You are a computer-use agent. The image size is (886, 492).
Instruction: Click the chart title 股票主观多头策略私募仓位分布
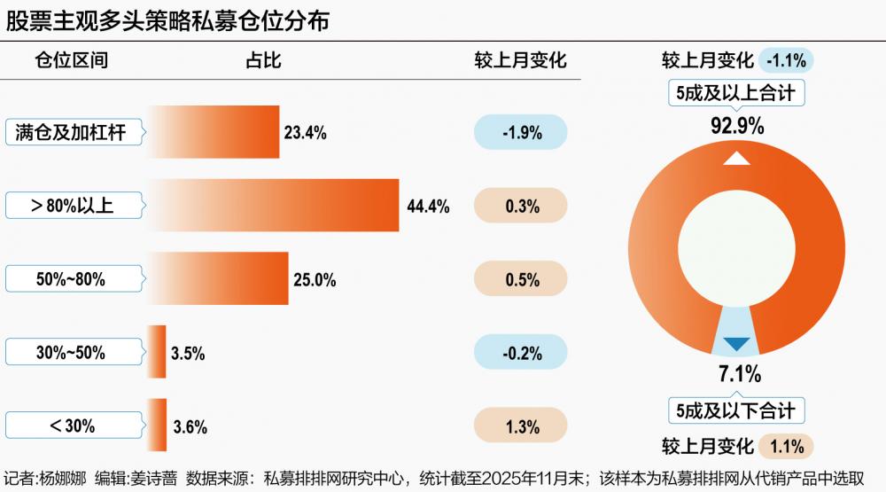click(168, 20)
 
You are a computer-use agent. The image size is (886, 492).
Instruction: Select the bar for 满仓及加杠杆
click(213, 133)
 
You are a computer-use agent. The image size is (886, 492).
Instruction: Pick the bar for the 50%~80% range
click(218, 279)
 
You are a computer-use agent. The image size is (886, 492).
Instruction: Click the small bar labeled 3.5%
click(157, 353)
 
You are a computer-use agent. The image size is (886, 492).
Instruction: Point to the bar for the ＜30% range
click(157, 426)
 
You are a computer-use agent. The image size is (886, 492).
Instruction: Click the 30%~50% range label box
click(72, 353)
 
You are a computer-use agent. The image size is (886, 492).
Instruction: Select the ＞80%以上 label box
click(72, 206)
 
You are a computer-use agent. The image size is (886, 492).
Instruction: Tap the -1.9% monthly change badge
click(521, 133)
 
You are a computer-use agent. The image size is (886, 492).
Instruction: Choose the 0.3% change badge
click(521, 206)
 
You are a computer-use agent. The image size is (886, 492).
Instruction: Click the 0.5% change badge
click(521, 279)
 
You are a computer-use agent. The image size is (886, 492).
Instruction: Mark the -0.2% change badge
click(521, 353)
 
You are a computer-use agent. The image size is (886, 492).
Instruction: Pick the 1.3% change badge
click(521, 426)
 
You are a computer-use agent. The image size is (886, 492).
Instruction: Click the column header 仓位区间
click(71, 60)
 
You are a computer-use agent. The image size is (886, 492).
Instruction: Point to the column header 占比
click(263, 60)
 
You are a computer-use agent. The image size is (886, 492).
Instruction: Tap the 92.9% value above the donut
click(737, 125)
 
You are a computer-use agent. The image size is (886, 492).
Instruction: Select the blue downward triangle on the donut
click(737, 344)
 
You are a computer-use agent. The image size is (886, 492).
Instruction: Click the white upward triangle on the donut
click(737, 159)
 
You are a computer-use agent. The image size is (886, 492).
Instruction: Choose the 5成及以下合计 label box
click(737, 410)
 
